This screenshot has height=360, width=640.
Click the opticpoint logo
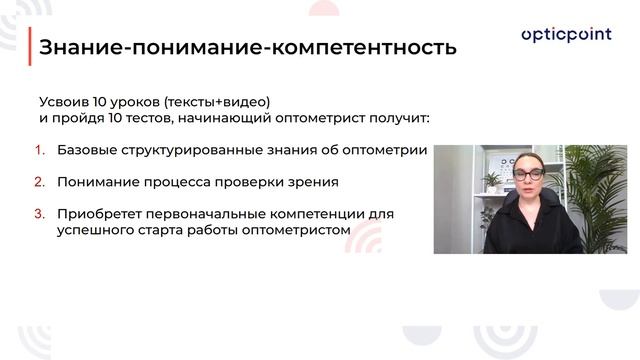[x=567, y=36]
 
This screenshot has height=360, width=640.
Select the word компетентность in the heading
[x=373, y=47]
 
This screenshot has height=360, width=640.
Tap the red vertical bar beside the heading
[x=29, y=47]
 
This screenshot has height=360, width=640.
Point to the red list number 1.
[x=41, y=151]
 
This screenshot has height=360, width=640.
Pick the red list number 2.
[x=41, y=182]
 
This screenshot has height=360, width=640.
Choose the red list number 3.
[x=41, y=213]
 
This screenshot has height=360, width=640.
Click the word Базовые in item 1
[x=89, y=151]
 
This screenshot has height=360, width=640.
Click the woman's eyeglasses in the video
[x=528, y=173]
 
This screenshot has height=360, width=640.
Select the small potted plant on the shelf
[x=491, y=181]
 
